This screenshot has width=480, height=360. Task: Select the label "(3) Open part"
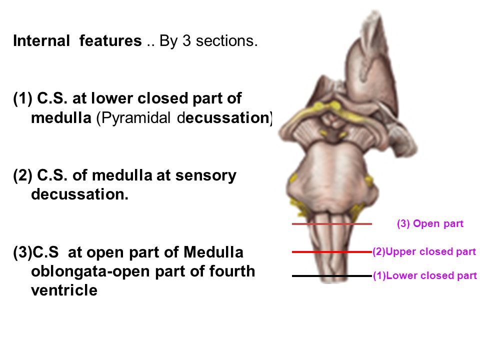pos(430,223)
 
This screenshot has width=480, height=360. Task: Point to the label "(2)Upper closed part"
pos(424,252)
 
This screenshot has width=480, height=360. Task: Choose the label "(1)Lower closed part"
pos(425,275)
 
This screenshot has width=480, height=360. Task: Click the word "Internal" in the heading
pos(42,41)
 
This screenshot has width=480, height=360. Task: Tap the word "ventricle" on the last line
pos(64,290)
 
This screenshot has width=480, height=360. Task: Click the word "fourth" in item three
pos(232,271)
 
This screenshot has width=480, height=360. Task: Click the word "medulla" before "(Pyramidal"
pos(61,118)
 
